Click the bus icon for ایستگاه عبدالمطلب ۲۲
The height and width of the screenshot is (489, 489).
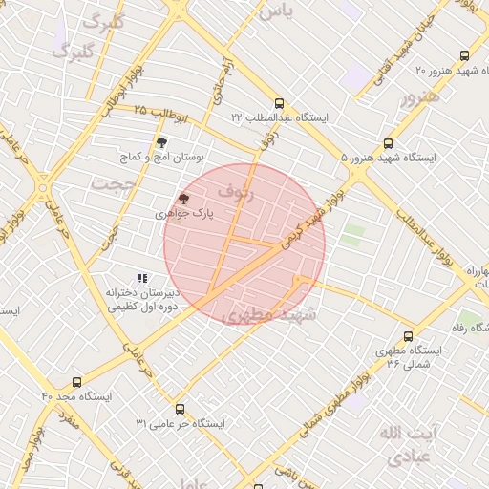[279, 102]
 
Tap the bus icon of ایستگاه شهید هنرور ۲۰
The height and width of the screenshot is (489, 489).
[464, 56]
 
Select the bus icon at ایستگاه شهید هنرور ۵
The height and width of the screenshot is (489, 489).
[387, 143]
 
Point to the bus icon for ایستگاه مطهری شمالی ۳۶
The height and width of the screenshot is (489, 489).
[409, 336]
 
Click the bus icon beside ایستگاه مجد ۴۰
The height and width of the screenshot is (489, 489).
[75, 381]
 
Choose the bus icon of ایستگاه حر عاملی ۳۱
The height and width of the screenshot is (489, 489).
[181, 408]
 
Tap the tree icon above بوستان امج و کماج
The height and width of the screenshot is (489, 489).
[161, 141]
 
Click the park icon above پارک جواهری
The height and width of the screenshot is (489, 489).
[183, 200]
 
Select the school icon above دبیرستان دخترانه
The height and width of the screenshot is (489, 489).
[142, 279]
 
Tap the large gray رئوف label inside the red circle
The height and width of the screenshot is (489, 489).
[236, 192]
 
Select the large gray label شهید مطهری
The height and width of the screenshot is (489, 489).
[260, 315]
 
